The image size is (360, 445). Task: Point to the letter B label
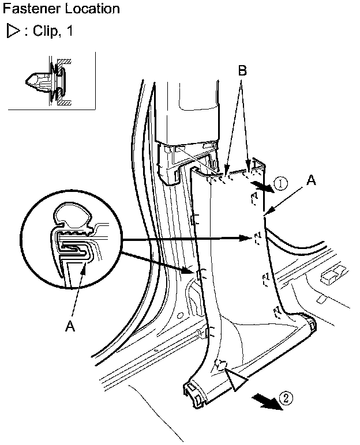click(x=242, y=71)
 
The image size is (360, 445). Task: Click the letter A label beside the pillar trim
click(x=311, y=180)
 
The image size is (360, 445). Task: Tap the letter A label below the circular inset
click(x=70, y=326)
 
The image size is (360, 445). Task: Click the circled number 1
click(x=280, y=184)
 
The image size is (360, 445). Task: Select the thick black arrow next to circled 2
click(x=267, y=403)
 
